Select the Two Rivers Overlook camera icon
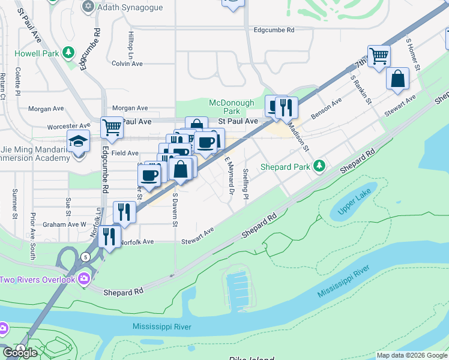(84, 278)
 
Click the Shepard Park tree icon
(321, 165)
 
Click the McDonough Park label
(232, 107)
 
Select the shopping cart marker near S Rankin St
(379, 56)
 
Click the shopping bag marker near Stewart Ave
(397, 79)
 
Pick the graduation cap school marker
(78, 141)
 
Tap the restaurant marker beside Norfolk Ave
(109, 236)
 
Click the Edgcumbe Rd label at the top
(274, 29)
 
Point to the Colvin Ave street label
(127, 63)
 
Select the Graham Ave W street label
(64, 225)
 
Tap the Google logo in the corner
(20, 353)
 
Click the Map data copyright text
(412, 355)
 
